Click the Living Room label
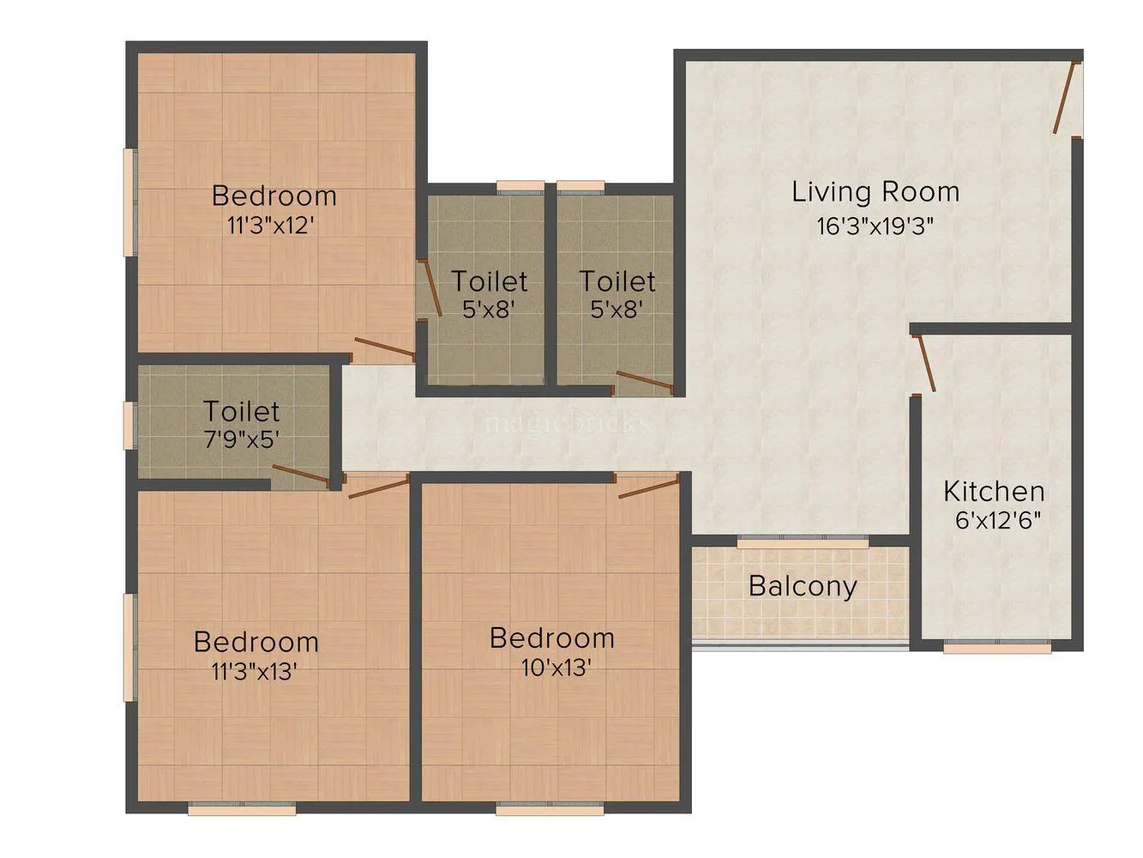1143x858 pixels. point(875,192)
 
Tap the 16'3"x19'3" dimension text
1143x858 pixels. point(875,227)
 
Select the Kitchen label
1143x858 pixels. point(994,492)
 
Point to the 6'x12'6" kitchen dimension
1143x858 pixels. point(998,520)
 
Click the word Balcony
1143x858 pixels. point(803,586)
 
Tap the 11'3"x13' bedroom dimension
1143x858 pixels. point(255,672)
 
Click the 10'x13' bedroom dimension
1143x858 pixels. point(556,668)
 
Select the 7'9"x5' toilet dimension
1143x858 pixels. point(242,440)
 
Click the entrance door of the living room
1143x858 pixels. point(1066,98)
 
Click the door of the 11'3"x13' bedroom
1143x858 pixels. point(378,487)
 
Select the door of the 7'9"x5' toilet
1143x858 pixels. point(300,474)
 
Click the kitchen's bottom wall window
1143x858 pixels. point(997,648)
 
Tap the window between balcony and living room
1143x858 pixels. point(803,542)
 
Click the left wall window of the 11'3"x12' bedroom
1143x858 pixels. point(129,202)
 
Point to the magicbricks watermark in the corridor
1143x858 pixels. point(566,423)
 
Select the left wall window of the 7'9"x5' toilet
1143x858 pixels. point(129,425)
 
